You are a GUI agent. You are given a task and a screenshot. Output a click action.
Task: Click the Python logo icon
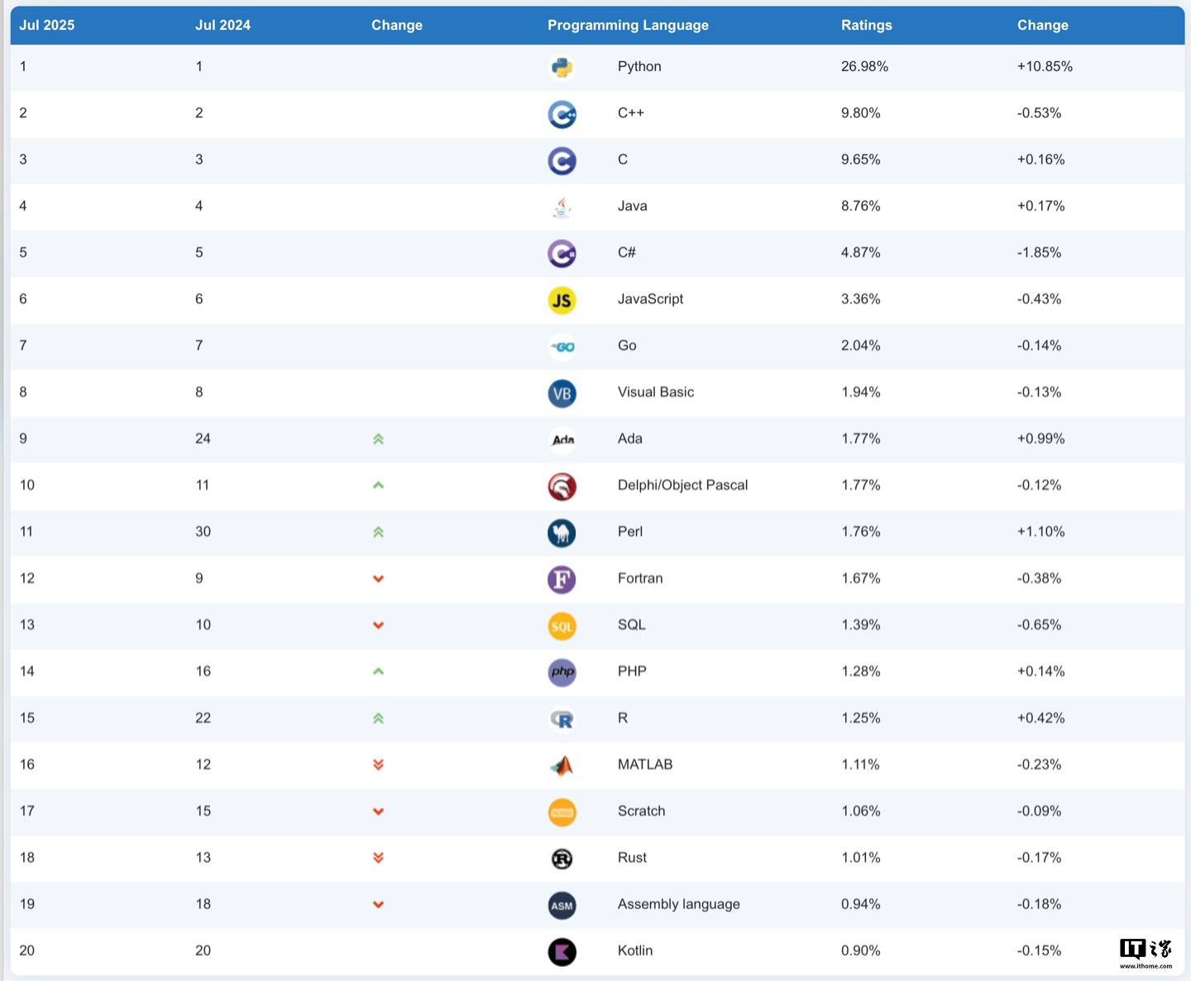[x=562, y=67]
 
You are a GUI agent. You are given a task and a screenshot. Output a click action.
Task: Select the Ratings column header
[x=866, y=25]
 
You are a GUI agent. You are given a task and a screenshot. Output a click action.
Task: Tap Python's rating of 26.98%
[x=864, y=66]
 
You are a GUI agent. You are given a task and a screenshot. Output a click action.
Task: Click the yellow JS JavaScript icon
[x=562, y=300]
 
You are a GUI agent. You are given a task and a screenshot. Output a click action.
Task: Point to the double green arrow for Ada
[x=378, y=439]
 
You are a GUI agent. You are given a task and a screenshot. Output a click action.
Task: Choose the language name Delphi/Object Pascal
[x=682, y=485]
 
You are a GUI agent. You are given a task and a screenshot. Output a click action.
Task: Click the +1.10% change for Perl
[x=1040, y=532]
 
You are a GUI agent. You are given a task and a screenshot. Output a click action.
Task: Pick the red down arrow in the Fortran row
[x=378, y=579]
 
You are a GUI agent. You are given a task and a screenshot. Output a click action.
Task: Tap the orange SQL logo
[x=562, y=626]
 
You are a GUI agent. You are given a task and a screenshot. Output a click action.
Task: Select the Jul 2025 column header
[x=47, y=25]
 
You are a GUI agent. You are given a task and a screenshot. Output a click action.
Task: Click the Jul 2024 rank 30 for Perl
[x=203, y=532]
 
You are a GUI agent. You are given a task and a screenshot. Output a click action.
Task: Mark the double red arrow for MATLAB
[x=378, y=764]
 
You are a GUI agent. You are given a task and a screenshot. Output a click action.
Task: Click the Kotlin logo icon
[x=562, y=952]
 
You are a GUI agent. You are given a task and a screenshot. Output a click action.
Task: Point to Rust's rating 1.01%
[x=860, y=858]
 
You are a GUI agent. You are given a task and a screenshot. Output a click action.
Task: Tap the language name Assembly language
[x=678, y=904]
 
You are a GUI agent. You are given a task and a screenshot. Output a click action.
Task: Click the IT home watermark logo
[x=1146, y=952]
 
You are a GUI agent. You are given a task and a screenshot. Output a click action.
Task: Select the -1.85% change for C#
[x=1039, y=252]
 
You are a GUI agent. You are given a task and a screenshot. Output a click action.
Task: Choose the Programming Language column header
[x=628, y=25]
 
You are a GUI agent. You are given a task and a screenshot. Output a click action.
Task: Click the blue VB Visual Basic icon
[x=562, y=394]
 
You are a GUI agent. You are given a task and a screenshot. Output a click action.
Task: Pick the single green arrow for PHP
[x=378, y=672]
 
